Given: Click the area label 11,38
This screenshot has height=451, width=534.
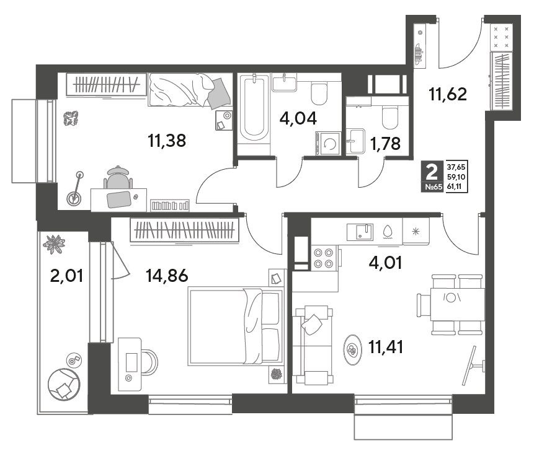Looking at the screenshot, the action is tap(167, 141).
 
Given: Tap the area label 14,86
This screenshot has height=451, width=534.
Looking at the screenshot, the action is tap(167, 275).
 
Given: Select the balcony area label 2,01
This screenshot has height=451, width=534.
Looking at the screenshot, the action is tap(66, 276).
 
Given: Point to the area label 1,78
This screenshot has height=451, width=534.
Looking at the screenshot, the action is tap(385, 144).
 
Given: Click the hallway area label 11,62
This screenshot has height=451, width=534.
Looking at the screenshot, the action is tap(448, 94).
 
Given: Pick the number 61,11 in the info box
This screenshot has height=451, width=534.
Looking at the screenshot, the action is tap(456, 186).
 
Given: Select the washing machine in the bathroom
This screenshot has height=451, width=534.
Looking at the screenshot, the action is tap(328, 144).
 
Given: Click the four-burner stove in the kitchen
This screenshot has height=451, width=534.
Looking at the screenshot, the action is tap(324, 258).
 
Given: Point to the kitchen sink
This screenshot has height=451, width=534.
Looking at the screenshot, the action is tap(360, 232).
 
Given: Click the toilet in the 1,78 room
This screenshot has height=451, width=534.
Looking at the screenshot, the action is tap(390, 116).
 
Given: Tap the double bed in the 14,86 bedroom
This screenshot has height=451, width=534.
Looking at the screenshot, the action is tap(236, 326).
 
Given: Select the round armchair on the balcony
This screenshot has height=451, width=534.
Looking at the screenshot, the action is tap(64, 385).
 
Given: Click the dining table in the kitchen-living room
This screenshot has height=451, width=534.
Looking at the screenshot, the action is tap(457, 304).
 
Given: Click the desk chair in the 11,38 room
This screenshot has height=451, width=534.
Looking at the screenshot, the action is tap(118, 177).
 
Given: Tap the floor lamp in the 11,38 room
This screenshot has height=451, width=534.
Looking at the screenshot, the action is tap(76, 189).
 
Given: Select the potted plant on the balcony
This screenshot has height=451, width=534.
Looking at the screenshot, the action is tap(54, 244).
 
